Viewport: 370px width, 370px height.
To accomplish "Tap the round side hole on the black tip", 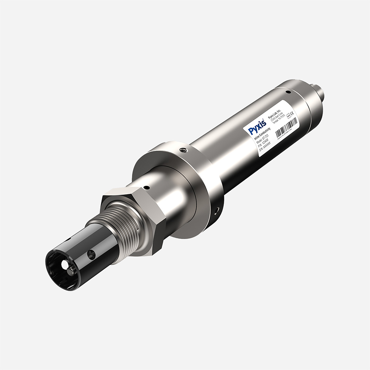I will pyautogui.click(x=90, y=254).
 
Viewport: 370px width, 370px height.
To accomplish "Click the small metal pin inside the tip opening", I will pyautogui.click(x=69, y=272).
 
